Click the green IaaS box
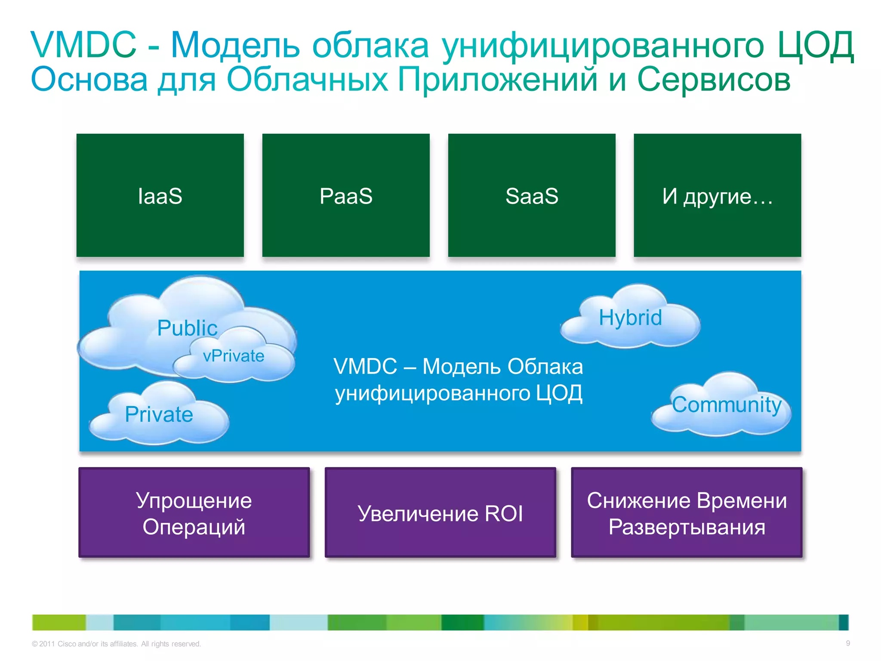(160, 196)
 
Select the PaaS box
(346, 196)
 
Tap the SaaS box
(532, 196)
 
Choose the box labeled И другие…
(717, 196)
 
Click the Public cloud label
(187, 328)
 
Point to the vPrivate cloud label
(234, 356)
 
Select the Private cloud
(159, 414)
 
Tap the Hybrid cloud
(630, 318)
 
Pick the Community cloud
(726, 405)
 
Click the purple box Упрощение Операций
(194, 513)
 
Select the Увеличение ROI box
(440, 513)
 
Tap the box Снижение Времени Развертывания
(687, 513)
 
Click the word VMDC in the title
(83, 45)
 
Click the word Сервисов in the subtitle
(714, 80)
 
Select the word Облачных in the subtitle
(307, 80)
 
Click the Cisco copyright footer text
(116, 644)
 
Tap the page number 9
(848, 643)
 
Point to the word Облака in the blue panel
(545, 367)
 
